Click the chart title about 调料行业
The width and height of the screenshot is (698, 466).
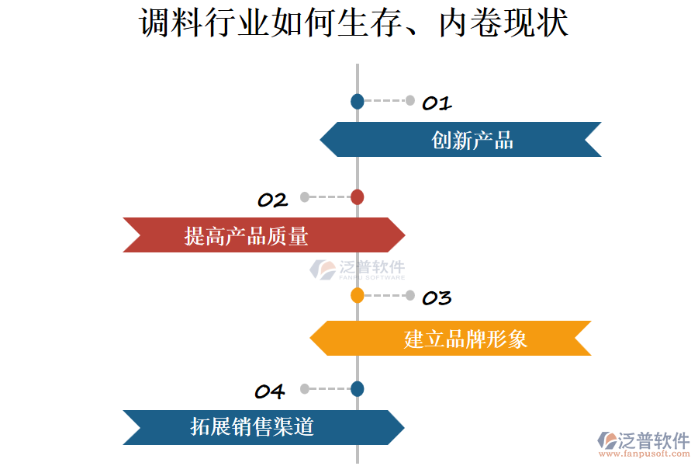coord(354,23)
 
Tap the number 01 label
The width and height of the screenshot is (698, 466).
coord(437,103)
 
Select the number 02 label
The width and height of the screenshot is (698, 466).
coord(272,200)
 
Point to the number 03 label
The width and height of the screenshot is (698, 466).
coord(437,298)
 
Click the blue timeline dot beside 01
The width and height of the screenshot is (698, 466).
coord(357,101)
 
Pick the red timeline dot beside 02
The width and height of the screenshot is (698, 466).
coord(357,197)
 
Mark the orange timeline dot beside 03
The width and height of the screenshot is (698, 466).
coord(357,295)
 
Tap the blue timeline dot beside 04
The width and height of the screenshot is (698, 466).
coord(357,389)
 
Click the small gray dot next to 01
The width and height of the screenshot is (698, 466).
coord(410,100)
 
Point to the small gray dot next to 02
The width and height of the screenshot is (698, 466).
coord(305,197)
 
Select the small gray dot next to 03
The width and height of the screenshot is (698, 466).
coord(410,295)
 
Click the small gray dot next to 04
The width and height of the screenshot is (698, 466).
coord(305,389)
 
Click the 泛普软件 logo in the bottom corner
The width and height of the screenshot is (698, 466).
coord(643,440)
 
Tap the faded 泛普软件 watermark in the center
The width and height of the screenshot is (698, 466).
coord(358,270)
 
